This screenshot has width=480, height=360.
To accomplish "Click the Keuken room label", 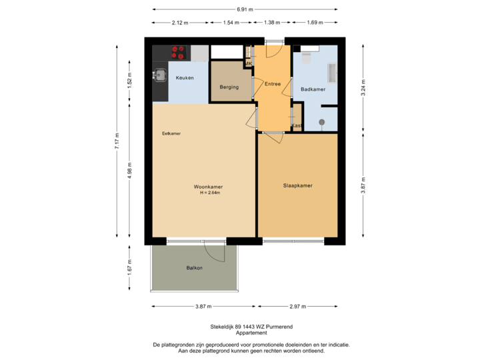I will [x=185, y=78].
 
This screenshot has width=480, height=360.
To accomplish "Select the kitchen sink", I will [x=160, y=75].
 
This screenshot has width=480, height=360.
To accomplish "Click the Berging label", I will [x=229, y=87].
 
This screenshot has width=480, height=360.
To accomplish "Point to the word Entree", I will [x=273, y=85].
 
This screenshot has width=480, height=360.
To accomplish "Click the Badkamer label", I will [x=313, y=89].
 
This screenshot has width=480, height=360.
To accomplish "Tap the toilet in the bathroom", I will [x=306, y=57].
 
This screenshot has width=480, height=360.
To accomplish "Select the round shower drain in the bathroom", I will [x=321, y=122].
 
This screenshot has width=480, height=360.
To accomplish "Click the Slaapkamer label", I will [x=297, y=186].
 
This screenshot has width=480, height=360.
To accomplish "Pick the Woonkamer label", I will [x=208, y=187].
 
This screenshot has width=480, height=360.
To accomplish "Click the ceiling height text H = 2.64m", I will [x=209, y=193].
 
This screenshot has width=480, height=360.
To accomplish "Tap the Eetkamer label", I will [x=171, y=133].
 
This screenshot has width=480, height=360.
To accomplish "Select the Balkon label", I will [x=194, y=268].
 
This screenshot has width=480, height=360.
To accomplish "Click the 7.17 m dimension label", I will [x=117, y=141].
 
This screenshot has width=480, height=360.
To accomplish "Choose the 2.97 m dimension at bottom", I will [x=299, y=307].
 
